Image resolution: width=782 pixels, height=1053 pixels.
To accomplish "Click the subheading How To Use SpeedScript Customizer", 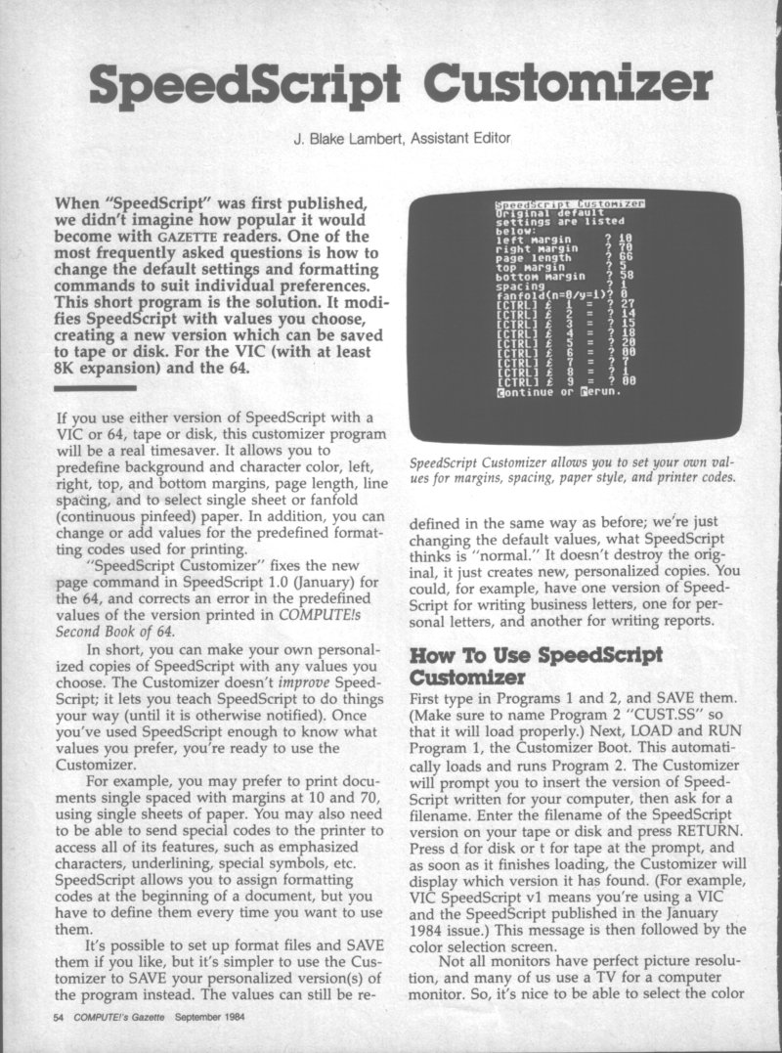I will pyautogui.click(x=521, y=665).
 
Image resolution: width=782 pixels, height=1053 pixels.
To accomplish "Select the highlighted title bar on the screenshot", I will pyautogui.click(x=575, y=203).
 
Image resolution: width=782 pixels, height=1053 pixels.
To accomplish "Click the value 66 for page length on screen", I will pyautogui.click(x=628, y=254).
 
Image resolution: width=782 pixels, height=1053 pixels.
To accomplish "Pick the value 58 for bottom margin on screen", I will pyautogui.click(x=628, y=275).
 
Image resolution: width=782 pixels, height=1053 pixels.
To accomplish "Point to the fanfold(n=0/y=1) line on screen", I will pyautogui.click(x=550, y=294).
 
